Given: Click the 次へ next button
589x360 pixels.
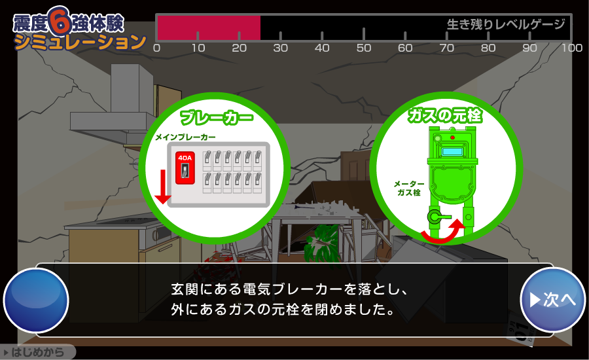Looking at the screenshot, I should point(553,300).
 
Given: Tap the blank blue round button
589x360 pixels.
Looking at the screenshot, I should point(36,300).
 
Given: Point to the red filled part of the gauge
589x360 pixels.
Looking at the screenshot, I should point(209,28).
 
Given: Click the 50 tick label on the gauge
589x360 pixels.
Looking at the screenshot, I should point(363,48).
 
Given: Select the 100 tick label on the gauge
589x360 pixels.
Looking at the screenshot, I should point(571,48).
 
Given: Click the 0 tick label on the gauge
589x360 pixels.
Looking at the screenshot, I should point(156,48).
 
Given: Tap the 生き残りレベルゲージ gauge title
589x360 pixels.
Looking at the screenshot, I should point(505,25).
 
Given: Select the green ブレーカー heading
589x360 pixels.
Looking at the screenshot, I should point(216,118).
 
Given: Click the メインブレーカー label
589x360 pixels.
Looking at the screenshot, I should point(185,137).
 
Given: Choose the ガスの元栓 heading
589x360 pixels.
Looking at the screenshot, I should point(445,116).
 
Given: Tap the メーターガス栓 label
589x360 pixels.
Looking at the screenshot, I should point(409,189).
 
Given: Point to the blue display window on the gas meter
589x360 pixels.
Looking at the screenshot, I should point(452,152).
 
